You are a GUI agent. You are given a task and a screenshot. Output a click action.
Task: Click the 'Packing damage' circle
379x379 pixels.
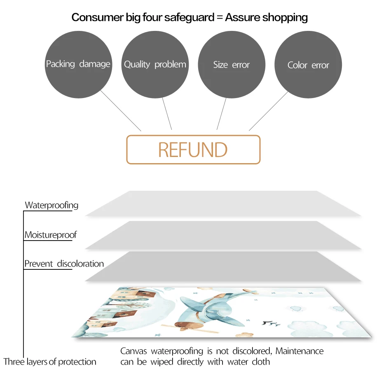pyautogui.click(x=78, y=64)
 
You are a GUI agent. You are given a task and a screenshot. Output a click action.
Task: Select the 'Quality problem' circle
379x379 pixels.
pyautogui.click(x=155, y=65)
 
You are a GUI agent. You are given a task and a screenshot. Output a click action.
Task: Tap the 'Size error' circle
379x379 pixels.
pyautogui.click(x=232, y=65)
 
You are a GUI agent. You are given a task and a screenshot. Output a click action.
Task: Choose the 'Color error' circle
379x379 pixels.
pyautogui.click(x=308, y=65)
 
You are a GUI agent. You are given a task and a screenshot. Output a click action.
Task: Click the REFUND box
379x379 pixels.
pyautogui.click(x=193, y=150)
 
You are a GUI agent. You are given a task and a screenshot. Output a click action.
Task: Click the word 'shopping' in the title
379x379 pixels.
pyautogui.click(x=285, y=17)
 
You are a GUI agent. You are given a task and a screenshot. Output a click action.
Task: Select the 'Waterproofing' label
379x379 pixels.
pyautogui.click(x=51, y=205)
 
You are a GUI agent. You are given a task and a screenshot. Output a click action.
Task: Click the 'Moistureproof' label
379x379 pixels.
pyautogui.click(x=50, y=235)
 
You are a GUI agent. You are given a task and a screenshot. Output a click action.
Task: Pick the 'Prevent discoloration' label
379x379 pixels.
pyautogui.click(x=64, y=264)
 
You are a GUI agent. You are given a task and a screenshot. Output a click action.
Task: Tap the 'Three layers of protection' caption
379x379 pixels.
pyautogui.click(x=50, y=362)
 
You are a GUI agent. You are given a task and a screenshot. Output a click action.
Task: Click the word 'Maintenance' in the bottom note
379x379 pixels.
pyautogui.click(x=299, y=351)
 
